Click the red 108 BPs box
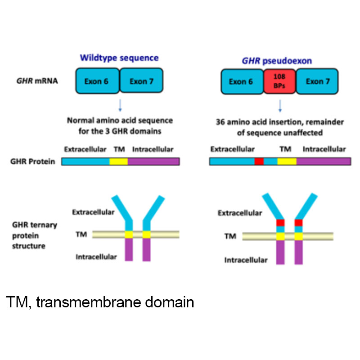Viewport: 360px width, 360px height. (279, 81)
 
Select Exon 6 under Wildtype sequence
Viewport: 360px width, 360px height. (97, 81)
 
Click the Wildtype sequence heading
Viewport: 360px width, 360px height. (119, 58)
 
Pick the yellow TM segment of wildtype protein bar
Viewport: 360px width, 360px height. (119, 162)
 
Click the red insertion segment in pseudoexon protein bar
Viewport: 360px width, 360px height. (259, 161)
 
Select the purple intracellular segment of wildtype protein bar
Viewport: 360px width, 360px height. (153, 162)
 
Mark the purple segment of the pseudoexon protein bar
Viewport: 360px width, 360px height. (323, 161)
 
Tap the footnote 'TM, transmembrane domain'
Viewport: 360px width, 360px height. (100, 302)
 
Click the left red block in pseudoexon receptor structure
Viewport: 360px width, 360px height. (281, 222)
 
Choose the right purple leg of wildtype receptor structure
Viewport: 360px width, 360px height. (146, 250)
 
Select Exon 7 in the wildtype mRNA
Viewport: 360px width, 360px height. (142, 81)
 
